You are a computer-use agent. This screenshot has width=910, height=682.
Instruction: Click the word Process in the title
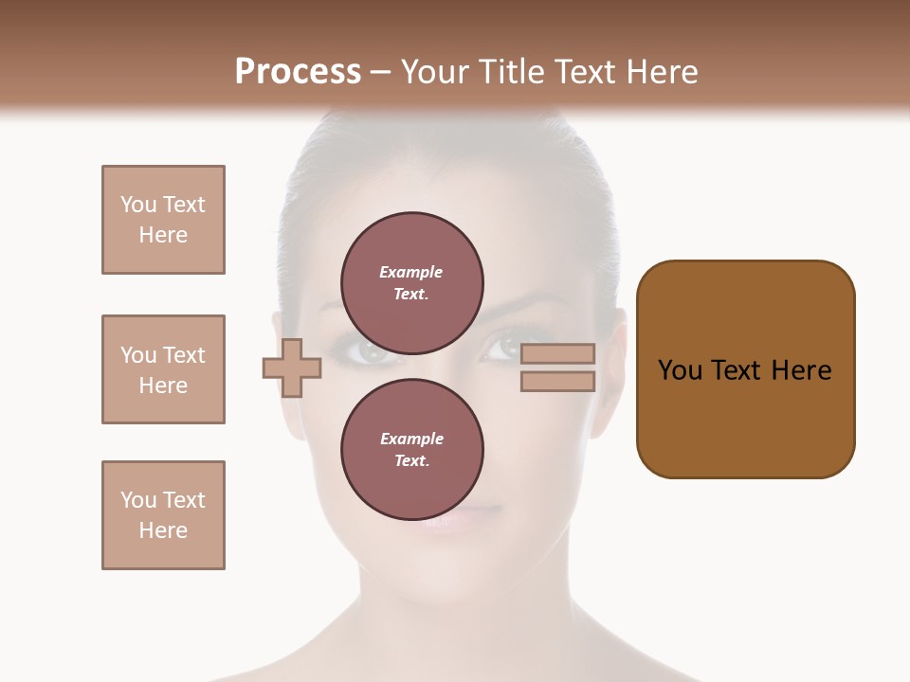298,72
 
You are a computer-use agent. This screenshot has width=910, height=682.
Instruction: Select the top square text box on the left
163,220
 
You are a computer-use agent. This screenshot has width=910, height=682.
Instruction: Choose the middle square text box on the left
163,369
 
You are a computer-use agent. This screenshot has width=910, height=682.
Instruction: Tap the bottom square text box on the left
163,515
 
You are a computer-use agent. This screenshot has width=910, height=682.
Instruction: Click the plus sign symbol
292,368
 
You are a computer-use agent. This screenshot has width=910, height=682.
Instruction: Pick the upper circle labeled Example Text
412,283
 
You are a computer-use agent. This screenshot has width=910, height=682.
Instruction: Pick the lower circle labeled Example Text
412,450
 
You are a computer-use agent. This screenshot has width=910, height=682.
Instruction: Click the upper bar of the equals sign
557,354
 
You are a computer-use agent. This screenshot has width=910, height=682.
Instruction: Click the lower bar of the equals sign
557,382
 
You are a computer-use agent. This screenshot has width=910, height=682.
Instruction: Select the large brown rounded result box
745,369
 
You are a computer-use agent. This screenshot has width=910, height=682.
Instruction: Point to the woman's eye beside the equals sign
499,350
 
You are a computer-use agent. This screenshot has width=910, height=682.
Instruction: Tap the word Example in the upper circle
411,272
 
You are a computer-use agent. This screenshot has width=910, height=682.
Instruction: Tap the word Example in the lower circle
411,439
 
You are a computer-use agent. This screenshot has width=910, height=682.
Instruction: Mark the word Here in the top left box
163,235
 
